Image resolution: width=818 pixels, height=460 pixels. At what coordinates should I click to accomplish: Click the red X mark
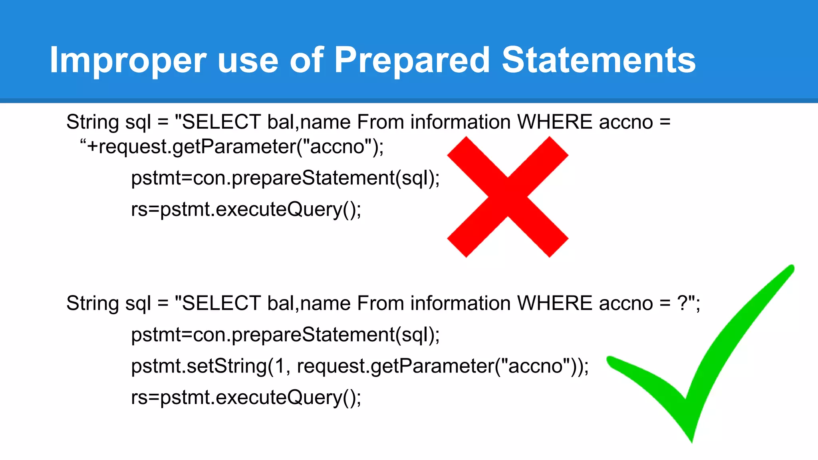point(507,197)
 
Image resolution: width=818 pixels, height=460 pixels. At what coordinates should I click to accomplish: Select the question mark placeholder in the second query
point(681,303)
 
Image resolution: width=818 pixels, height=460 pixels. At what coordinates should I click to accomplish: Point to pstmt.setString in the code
point(198,366)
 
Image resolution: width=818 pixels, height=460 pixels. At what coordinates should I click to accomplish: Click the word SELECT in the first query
point(221,122)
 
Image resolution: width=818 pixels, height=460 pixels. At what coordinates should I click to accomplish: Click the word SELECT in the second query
point(221,303)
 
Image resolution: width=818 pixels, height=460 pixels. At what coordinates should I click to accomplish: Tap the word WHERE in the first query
point(555,122)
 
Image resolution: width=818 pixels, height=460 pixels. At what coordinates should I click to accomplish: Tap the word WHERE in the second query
point(555,303)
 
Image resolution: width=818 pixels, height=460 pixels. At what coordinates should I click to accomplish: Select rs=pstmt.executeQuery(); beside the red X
point(246,209)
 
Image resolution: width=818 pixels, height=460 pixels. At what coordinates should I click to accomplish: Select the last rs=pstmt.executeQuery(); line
point(246,397)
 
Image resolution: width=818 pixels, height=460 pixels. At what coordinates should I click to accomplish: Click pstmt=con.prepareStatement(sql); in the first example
point(285,178)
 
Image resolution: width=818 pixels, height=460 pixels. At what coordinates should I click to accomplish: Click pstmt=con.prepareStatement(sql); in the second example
point(285,335)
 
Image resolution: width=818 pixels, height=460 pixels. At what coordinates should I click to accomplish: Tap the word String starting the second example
point(92,303)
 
